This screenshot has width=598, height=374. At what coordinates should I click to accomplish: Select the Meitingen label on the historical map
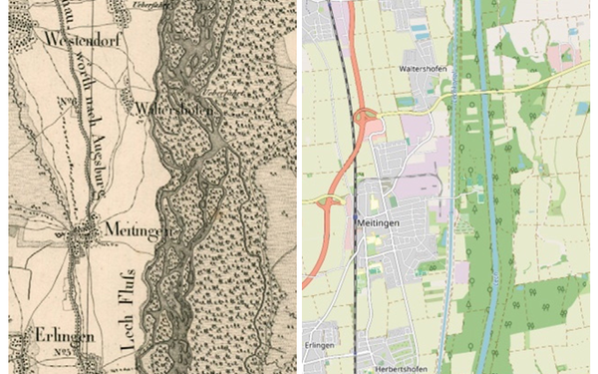pyautogui.click(x=131, y=230)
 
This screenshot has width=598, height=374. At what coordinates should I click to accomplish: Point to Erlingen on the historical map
pyautogui.click(x=63, y=336)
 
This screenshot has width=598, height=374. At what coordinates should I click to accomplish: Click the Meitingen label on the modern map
pyautogui.click(x=378, y=223)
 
